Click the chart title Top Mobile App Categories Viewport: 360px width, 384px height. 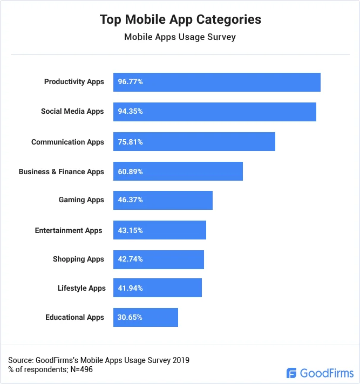[x=180, y=19]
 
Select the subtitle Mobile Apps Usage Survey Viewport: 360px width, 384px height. [x=180, y=37]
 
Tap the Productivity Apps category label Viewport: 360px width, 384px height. [x=74, y=82]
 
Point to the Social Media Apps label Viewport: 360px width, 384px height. [x=72, y=112]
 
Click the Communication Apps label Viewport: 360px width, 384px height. [x=67, y=142]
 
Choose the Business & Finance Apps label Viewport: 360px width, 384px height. [x=61, y=172]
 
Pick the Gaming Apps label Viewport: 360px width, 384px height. [x=81, y=200]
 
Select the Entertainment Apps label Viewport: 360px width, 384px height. [x=69, y=230]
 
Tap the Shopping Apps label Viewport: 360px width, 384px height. [x=78, y=259]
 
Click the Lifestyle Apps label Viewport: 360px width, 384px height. [x=81, y=288]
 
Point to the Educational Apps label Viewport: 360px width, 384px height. [x=74, y=317]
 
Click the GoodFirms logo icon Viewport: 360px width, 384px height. [x=292, y=373]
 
